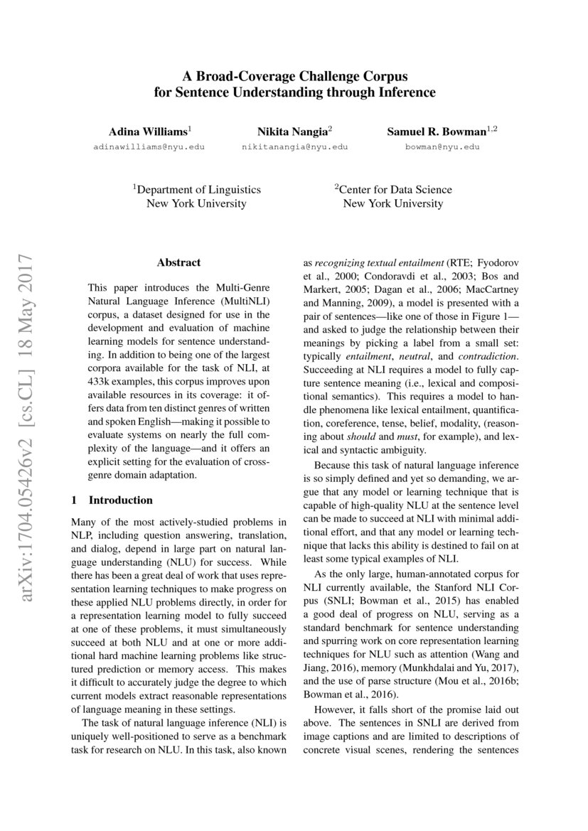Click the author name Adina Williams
pyautogui.click(x=147, y=132)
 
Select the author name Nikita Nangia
pyautogui.click(x=292, y=132)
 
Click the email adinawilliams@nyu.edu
pyautogui.click(x=149, y=147)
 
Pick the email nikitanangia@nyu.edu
pyautogui.click(x=295, y=147)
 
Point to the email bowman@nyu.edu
pyautogui.click(x=442, y=147)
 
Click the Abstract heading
pyautogui.click(x=178, y=262)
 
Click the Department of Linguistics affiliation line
pyautogui.click(x=197, y=190)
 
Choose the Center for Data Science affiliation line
pyautogui.click(x=393, y=190)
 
